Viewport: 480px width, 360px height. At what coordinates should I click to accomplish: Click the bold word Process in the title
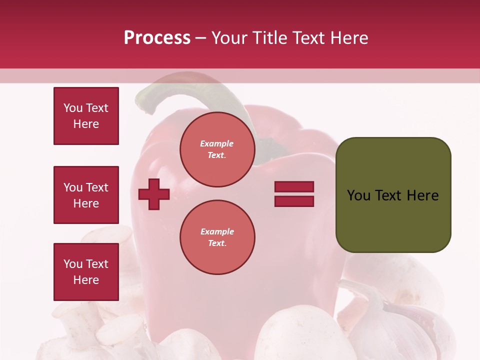pyautogui.click(x=157, y=38)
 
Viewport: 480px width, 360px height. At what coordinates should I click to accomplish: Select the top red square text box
pyautogui.click(x=86, y=116)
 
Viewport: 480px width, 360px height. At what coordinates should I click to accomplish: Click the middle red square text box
pyautogui.click(x=86, y=195)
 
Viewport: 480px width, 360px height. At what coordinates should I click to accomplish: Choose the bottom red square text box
pyautogui.click(x=86, y=271)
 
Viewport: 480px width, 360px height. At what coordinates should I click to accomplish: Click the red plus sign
pyautogui.click(x=154, y=194)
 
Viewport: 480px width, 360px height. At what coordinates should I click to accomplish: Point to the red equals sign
pyautogui.click(x=294, y=194)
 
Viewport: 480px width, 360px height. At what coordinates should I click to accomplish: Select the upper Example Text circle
pyautogui.click(x=217, y=149)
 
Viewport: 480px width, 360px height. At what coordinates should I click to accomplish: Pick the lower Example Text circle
pyautogui.click(x=217, y=237)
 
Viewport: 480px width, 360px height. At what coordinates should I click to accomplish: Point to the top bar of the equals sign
pyautogui.click(x=294, y=187)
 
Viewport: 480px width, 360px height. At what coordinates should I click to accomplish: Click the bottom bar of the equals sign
pyautogui.click(x=294, y=201)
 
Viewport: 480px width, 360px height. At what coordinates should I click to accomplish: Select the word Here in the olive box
pyautogui.click(x=423, y=195)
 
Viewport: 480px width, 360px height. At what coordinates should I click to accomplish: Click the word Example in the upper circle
pyautogui.click(x=217, y=143)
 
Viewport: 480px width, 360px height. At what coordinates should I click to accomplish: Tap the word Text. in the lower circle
pyautogui.click(x=217, y=243)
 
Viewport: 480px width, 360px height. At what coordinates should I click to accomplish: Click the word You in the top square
pyautogui.click(x=73, y=108)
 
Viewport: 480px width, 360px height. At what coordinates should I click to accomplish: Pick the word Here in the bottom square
pyautogui.click(x=86, y=280)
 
